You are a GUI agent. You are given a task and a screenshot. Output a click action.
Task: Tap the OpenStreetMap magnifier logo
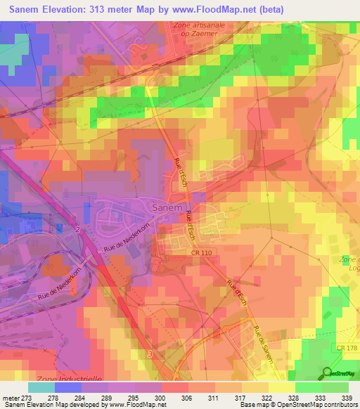coord(326,372)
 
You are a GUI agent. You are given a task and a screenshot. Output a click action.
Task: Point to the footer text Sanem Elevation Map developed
coord(56,405)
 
